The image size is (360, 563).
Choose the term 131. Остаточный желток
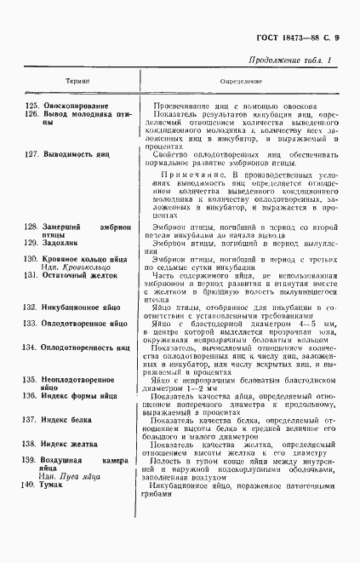tap(74, 274)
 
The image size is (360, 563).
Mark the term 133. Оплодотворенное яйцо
tap(82, 324)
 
